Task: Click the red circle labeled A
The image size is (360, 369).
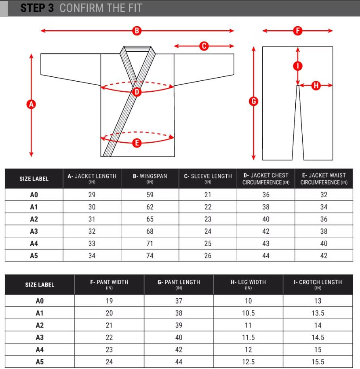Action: point(31,104)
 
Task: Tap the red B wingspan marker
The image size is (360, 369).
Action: point(137,31)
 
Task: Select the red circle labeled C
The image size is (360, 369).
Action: point(204,46)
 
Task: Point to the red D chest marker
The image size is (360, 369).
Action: point(137,92)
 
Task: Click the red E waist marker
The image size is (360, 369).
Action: point(137,142)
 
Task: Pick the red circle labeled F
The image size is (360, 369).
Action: point(298,31)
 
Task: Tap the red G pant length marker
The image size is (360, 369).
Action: point(254,102)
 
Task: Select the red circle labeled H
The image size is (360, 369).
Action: point(316,85)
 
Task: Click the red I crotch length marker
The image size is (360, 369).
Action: point(298,66)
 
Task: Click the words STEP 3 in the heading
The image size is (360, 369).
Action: point(37,8)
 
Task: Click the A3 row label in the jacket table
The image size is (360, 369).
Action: point(34,232)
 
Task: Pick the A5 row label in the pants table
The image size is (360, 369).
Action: point(39,362)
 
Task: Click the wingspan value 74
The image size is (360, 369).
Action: point(150,256)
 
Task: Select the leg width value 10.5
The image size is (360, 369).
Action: point(248,313)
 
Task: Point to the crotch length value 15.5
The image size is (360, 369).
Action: point(318,362)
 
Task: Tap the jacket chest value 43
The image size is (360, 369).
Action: point(266,244)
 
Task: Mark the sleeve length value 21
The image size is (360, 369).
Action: point(208,195)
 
